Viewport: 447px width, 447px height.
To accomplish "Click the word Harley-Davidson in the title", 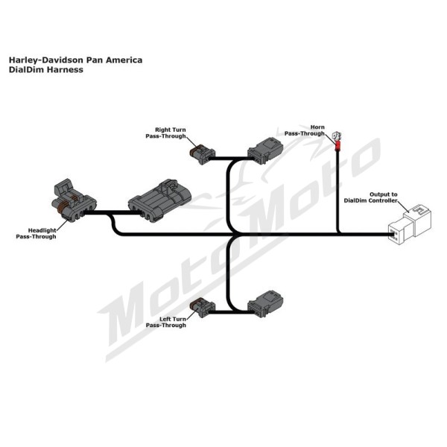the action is [x=47, y=60].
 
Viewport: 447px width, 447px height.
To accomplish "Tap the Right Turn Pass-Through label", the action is [x=166, y=133].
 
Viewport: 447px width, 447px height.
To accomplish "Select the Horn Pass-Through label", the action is [x=305, y=130].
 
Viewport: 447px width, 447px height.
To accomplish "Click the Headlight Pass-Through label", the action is [x=37, y=233].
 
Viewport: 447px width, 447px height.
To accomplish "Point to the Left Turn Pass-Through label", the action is [x=166, y=322].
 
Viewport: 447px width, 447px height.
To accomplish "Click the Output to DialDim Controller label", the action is [x=370, y=197].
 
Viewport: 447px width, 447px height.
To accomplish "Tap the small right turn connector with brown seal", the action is [x=202, y=154].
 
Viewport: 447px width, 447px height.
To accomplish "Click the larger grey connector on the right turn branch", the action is [x=265, y=150].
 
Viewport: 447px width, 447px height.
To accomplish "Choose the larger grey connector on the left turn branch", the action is [x=265, y=304].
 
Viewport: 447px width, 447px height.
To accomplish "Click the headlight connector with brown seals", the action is [x=74, y=200].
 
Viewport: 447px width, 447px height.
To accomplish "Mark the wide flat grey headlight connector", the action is [x=159, y=200].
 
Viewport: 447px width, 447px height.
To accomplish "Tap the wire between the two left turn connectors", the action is [x=231, y=312].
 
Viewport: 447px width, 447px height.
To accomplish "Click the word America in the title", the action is [x=124, y=60].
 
